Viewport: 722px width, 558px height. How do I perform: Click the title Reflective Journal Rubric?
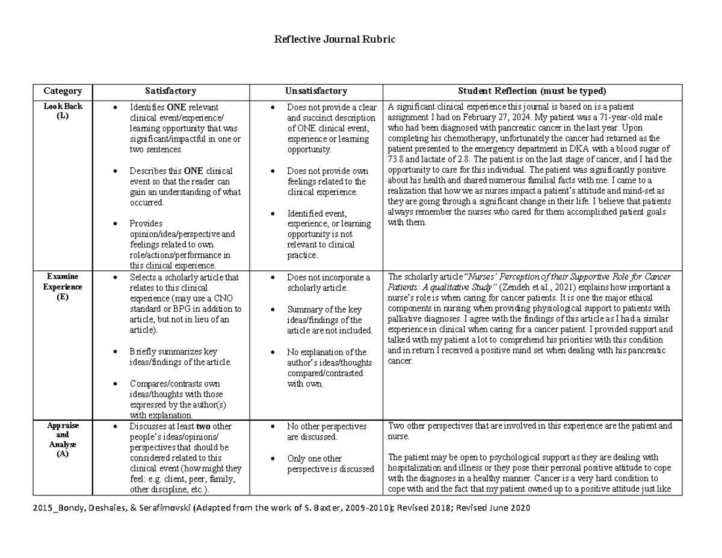[335, 40]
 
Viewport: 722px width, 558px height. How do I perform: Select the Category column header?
[63, 91]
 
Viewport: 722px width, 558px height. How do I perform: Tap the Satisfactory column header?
[170, 91]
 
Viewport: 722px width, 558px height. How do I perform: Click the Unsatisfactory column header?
[316, 91]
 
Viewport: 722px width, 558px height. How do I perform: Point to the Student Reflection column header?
[532, 91]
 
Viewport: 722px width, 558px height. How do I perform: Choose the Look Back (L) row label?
[63, 111]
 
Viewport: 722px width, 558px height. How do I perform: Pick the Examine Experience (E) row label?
[63, 287]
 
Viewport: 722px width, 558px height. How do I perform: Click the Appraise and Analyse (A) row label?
[63, 440]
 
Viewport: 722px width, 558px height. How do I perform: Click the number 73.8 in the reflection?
[398, 160]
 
